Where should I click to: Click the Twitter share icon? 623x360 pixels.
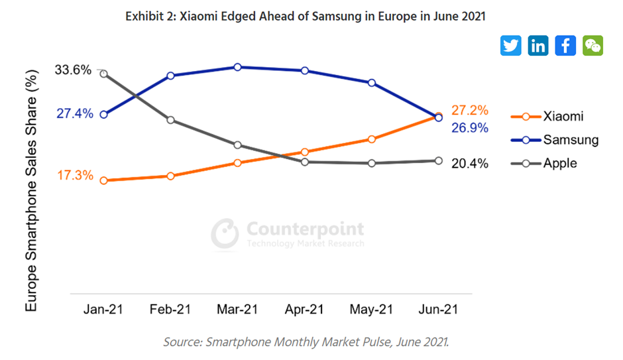coord(511,45)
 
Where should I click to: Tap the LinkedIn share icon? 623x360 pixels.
coord(538,45)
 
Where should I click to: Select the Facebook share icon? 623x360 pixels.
coord(565,45)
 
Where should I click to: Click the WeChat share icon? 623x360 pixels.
coord(593,45)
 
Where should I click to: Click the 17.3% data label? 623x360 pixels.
coord(74,176)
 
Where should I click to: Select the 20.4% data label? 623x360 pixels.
coord(469,163)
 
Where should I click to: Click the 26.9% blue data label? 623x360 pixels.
coord(469,128)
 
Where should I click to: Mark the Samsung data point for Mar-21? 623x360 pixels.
coord(237,67)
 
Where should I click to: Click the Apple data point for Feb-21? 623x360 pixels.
coord(170,120)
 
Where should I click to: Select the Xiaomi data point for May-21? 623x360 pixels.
coord(371,139)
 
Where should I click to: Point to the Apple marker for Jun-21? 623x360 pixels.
coord(438,160)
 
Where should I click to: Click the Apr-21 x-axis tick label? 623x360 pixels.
coord(304,310)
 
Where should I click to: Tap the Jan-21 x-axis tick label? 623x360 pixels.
coord(103,310)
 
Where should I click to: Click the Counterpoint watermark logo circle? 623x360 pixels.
coord(225,233)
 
